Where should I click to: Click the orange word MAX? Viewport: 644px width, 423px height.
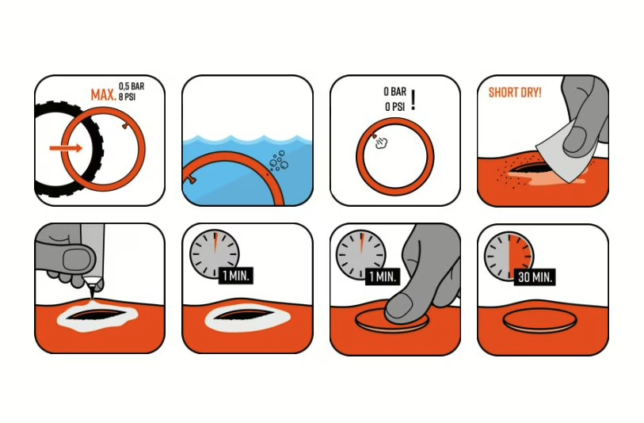pos(104,95)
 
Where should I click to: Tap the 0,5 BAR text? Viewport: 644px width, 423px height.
pos(131,86)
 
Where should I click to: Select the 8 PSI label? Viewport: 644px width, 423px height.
pos(128,97)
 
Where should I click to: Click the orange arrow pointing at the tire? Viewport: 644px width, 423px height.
pos(66,148)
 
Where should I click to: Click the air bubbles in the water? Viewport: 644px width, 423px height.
pos(279,161)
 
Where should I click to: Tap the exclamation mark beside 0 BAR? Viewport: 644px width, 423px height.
pos(413,100)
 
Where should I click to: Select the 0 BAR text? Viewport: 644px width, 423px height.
pos(394,92)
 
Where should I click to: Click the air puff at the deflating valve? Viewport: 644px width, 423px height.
pos(381,143)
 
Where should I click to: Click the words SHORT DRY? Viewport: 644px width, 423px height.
pos(515,93)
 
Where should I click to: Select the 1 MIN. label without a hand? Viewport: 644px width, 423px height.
pos(236,276)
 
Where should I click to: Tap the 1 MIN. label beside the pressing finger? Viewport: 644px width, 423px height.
pos(383,276)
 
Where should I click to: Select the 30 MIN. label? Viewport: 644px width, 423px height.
pos(535,277)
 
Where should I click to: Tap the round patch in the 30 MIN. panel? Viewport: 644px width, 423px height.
pos(539,319)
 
